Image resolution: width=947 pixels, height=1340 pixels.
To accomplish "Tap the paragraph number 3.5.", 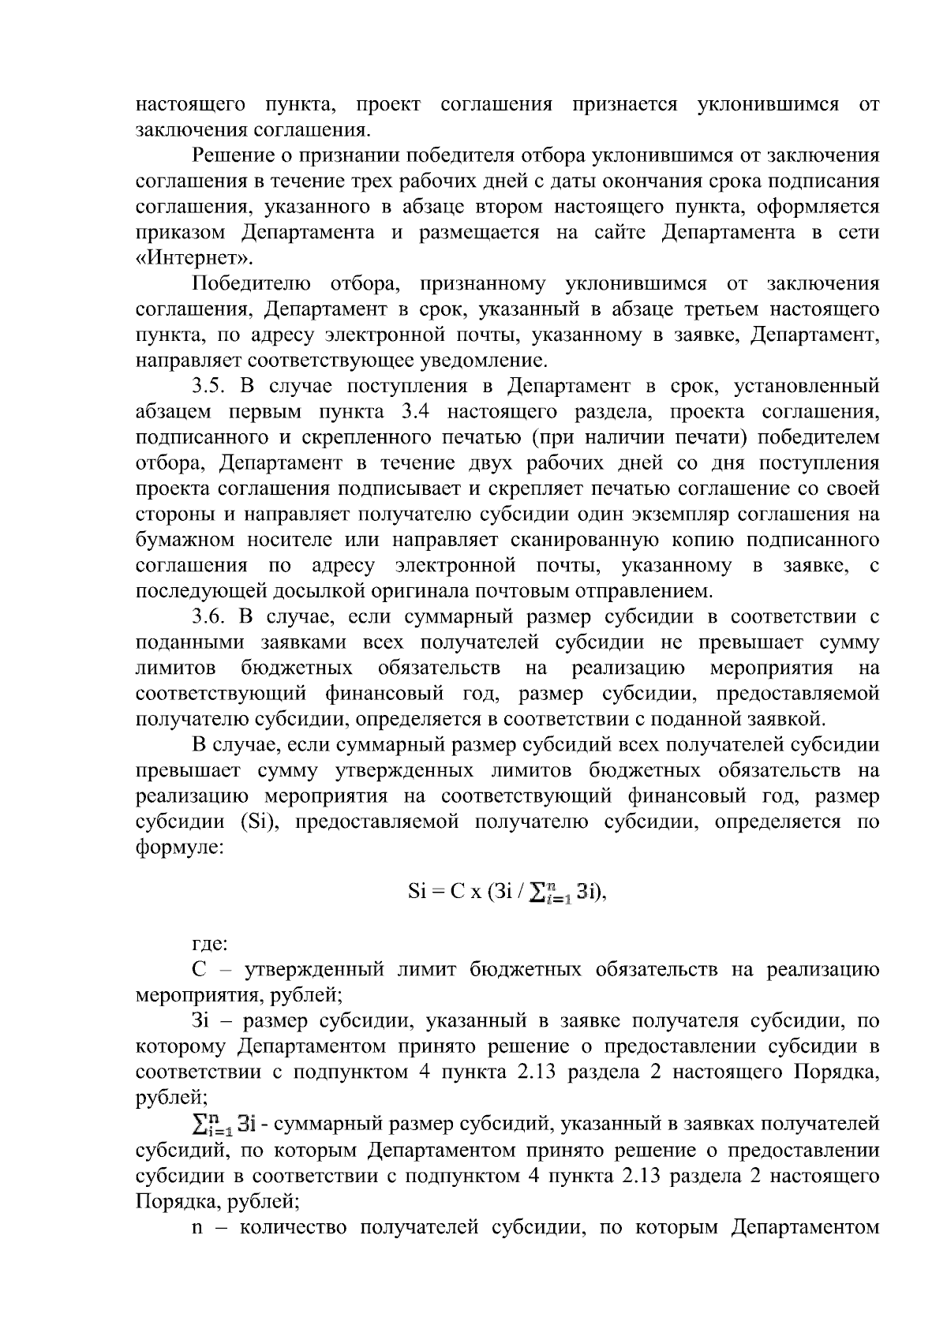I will coord(209,386).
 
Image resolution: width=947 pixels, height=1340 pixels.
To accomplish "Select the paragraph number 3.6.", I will coord(209,617).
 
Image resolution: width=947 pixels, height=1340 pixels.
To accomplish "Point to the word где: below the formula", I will coord(210,943).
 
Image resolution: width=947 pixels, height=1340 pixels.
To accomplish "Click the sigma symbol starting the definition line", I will coord(202,1121).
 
